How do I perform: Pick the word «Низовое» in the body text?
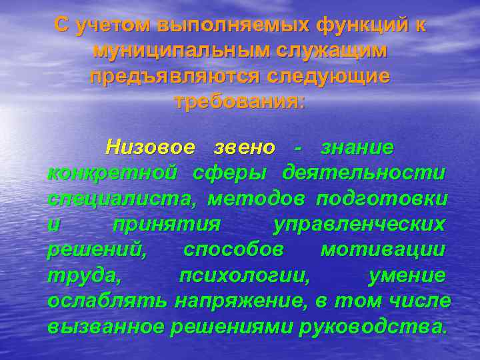pyautogui.click(x=151, y=146)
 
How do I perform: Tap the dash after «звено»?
pyautogui.click(x=298, y=146)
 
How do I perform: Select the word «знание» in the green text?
pyautogui.click(x=357, y=146)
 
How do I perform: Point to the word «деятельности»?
pyautogui.click(x=363, y=173)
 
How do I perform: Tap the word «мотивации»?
pyautogui.click(x=383, y=250)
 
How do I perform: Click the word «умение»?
pyautogui.click(x=407, y=276)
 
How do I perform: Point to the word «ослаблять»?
pyautogui.click(x=107, y=301)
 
